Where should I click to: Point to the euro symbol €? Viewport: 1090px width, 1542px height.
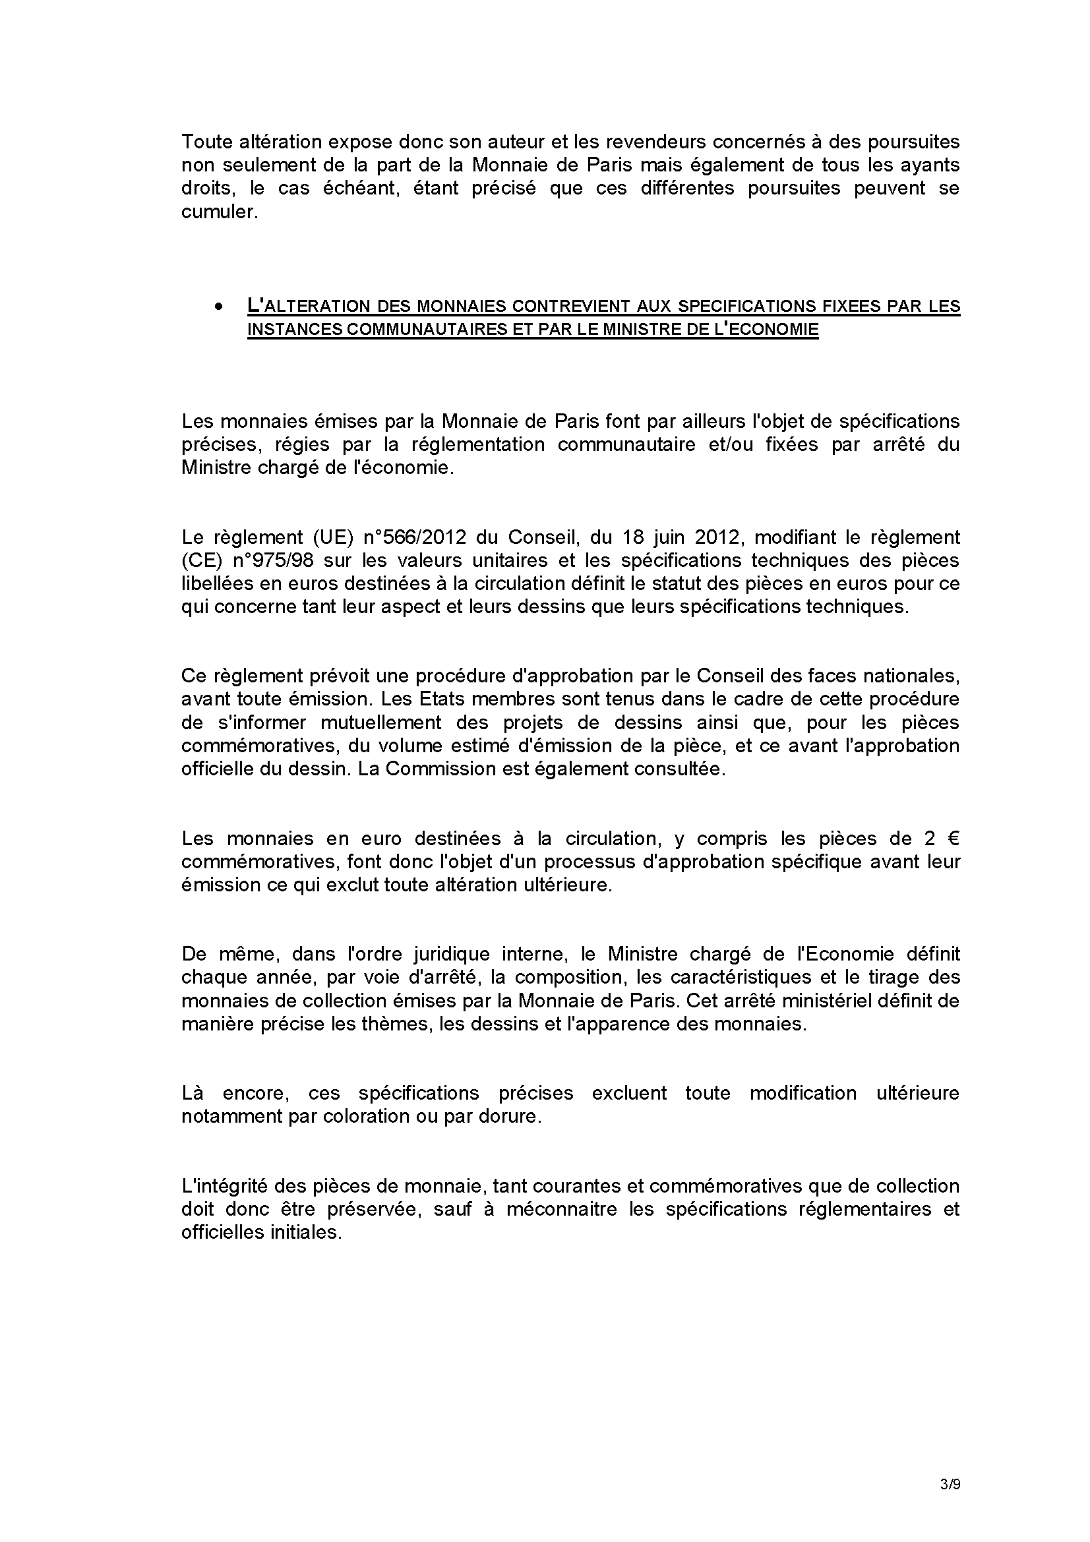[952, 839]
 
